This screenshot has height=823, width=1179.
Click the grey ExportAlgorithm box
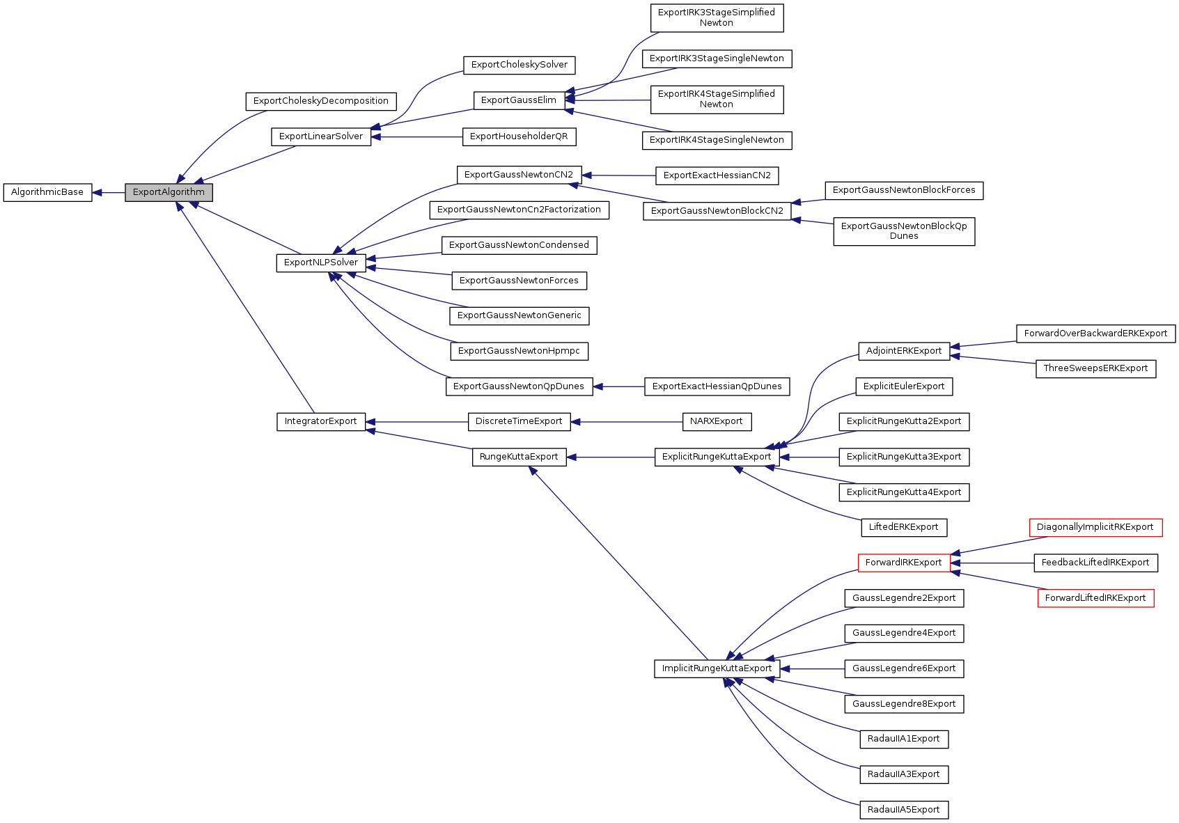coord(169,192)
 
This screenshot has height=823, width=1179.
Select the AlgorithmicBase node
coord(47,192)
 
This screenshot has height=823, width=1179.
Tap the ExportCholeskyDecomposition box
coord(321,101)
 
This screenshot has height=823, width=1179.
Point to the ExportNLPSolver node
coord(321,262)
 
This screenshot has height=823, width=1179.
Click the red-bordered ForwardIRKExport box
coord(903,563)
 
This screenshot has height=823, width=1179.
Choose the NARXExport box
coord(717,421)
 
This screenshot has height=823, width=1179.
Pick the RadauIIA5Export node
coord(903,810)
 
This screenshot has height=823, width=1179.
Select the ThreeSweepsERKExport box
coord(1095,368)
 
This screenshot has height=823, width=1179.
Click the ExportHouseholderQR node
coord(519,136)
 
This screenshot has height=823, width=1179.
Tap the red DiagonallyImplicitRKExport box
coord(1095,527)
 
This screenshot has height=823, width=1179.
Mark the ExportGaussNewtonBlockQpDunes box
coord(904,231)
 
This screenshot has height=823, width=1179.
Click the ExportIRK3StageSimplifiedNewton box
coord(717,17)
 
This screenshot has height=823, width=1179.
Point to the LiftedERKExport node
coord(903,527)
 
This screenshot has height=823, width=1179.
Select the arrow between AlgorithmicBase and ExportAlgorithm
coord(109,193)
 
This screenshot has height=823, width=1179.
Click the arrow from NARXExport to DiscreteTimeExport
coord(627,421)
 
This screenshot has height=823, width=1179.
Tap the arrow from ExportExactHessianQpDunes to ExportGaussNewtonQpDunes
coord(619,386)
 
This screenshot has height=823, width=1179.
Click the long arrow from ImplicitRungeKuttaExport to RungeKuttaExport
coord(620,564)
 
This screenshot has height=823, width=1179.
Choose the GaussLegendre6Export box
coord(904,668)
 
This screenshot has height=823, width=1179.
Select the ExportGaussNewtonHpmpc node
coord(519,351)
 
